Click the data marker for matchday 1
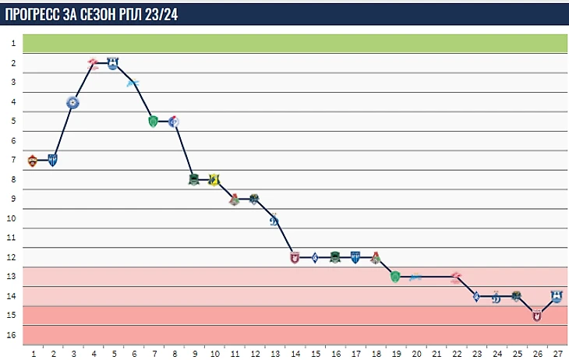coord(33,161)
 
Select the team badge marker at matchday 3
coord(72,102)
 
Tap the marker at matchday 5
coord(113,64)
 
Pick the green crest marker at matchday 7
coord(154,121)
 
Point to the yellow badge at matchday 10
coord(214,180)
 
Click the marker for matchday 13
coord(274,219)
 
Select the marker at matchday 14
coord(295,257)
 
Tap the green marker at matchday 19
coord(395,276)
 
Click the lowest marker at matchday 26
coord(536,315)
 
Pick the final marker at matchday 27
coord(557,296)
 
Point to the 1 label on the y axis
coord(14,44)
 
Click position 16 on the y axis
coord(12,334)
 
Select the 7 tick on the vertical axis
coord(14,160)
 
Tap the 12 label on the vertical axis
coord(12,257)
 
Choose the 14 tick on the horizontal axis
coord(295,353)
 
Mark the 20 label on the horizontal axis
coord(415,353)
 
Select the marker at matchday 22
coord(456,277)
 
